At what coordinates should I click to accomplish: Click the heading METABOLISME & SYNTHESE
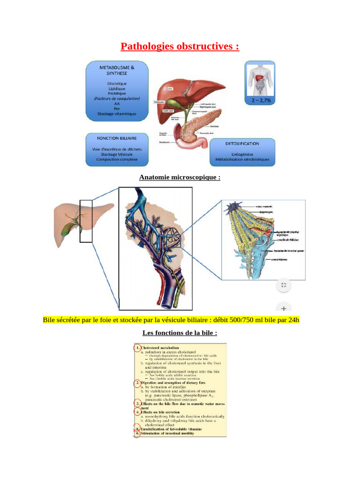(x=117, y=70)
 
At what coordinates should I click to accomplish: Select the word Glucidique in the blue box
(x=117, y=83)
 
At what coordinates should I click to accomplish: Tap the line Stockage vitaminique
(x=117, y=114)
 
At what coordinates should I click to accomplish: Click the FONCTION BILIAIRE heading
(x=117, y=139)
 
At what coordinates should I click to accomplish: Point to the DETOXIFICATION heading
(x=242, y=143)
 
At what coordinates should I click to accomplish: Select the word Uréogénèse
(x=242, y=153)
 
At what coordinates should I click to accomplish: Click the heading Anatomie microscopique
(x=180, y=177)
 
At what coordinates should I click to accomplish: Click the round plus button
(x=283, y=308)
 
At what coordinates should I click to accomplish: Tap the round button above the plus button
(x=283, y=285)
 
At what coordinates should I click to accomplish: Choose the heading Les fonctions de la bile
(x=180, y=333)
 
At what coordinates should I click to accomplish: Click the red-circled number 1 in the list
(x=137, y=348)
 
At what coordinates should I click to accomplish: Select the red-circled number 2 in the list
(x=137, y=382)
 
